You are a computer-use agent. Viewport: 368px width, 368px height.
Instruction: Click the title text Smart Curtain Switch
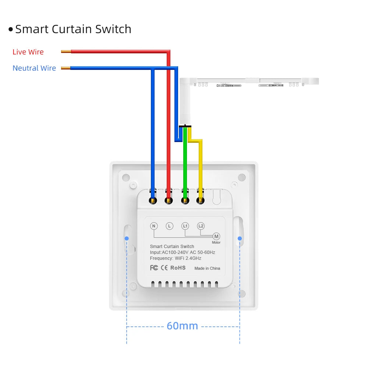pyautogui.click(x=73, y=29)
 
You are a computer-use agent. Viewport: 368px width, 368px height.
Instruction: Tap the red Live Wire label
pyautogui.click(x=28, y=52)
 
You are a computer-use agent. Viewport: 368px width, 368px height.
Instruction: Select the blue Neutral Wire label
pyautogui.click(x=34, y=68)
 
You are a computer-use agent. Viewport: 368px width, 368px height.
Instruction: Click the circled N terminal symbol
pyautogui.click(x=154, y=226)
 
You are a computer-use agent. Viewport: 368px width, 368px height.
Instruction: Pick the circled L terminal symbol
pyautogui.click(x=169, y=226)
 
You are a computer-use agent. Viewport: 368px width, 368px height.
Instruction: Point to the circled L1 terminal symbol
pyautogui.click(x=185, y=226)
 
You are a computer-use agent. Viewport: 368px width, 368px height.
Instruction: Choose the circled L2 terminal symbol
pyautogui.click(x=201, y=226)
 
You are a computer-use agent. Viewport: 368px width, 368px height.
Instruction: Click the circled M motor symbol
pyautogui.click(x=216, y=236)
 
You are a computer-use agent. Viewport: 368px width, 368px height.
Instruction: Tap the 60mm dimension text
pyautogui.click(x=182, y=326)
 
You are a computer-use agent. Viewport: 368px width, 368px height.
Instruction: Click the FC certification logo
pyautogui.click(x=154, y=268)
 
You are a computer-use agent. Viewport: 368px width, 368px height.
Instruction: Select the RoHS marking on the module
pyautogui.click(x=178, y=268)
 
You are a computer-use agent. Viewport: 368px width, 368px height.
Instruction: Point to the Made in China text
pyautogui.click(x=207, y=268)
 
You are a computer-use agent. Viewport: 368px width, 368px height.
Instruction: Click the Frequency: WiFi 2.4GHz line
pyautogui.click(x=176, y=258)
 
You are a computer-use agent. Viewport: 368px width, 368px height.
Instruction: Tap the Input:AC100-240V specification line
pyautogui.click(x=183, y=252)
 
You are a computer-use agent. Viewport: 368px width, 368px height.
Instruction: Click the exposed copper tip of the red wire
pyautogui.click(x=66, y=52)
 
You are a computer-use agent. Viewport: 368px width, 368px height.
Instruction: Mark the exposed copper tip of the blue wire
pyautogui.click(x=66, y=68)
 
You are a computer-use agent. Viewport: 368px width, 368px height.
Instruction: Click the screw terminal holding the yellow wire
pyautogui.click(x=200, y=201)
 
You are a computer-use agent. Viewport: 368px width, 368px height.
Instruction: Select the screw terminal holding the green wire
pyautogui.click(x=185, y=201)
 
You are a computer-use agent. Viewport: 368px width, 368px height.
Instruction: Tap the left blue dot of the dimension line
pyautogui.click(x=127, y=238)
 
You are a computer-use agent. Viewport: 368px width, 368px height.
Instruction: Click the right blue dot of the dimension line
pyautogui.click(x=240, y=238)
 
